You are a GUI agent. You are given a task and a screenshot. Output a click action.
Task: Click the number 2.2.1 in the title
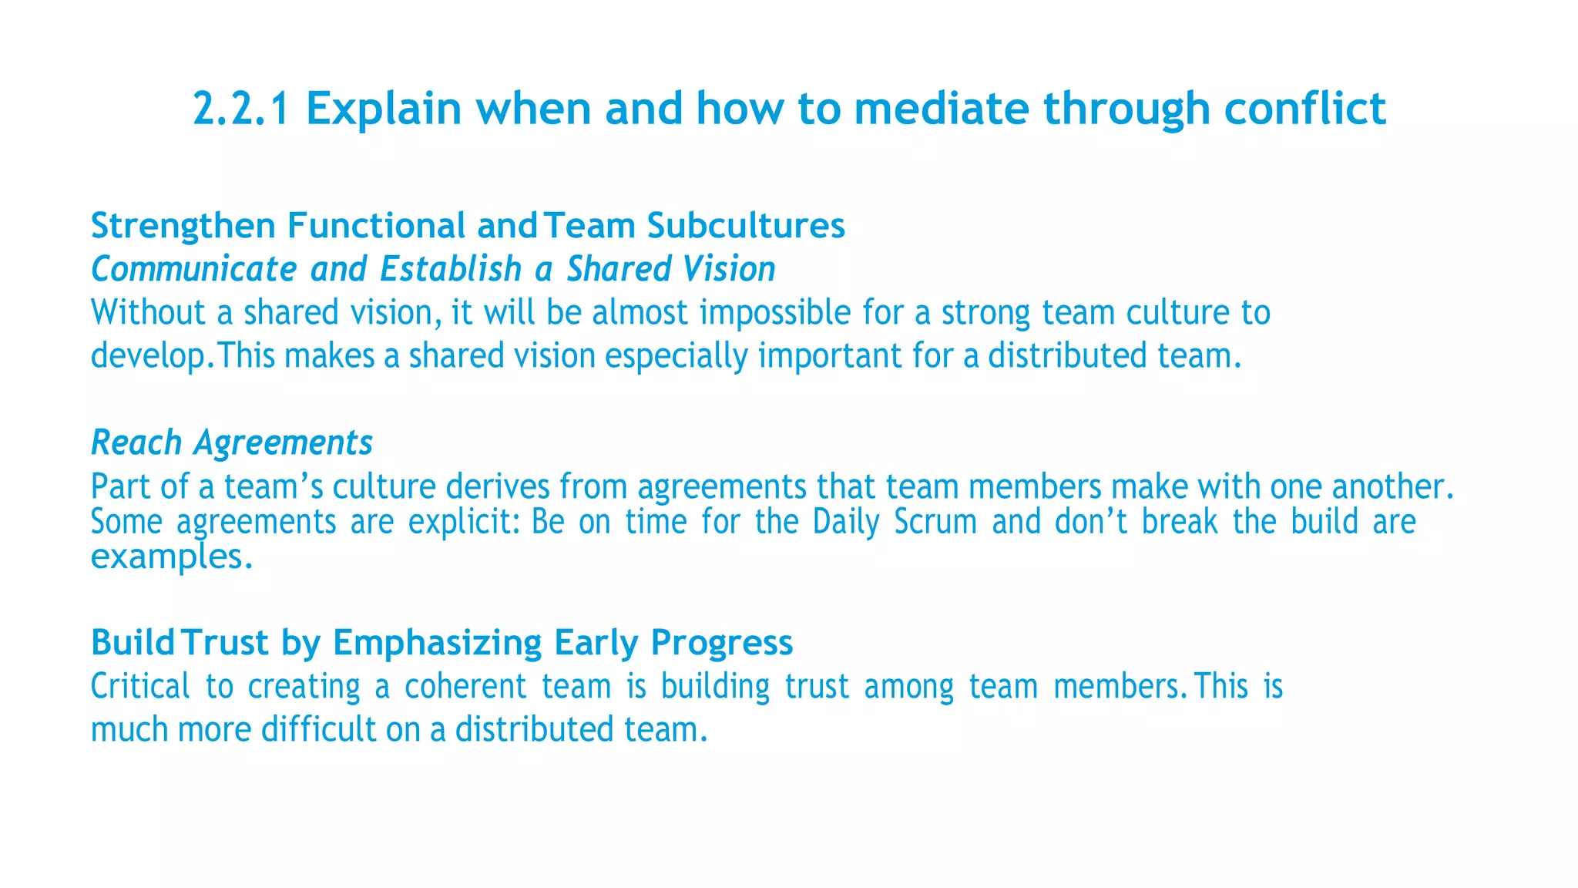click(241, 109)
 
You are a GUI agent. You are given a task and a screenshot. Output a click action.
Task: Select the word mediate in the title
click(941, 109)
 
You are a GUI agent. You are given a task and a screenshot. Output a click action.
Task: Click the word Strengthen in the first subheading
click(183, 227)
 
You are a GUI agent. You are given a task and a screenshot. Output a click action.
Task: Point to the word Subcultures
click(746, 226)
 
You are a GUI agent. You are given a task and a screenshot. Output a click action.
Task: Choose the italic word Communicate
click(193, 270)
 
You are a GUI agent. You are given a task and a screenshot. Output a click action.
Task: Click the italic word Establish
click(451, 270)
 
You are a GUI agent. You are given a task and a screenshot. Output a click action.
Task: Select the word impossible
click(775, 313)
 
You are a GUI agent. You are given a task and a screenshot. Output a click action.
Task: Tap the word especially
click(676, 356)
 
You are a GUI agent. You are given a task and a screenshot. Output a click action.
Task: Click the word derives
click(498, 486)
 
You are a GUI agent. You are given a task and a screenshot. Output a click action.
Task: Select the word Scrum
click(935, 522)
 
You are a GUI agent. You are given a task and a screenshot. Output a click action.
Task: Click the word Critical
click(140, 686)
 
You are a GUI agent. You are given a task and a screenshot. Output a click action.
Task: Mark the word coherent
click(465, 686)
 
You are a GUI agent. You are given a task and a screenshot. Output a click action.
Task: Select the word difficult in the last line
click(318, 729)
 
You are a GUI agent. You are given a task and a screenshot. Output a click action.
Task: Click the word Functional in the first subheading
click(376, 226)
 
